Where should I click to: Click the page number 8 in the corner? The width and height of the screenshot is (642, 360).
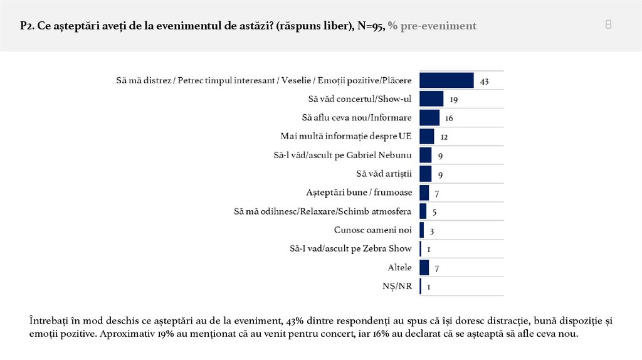click(608, 25)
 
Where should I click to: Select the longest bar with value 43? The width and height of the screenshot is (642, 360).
click(446, 80)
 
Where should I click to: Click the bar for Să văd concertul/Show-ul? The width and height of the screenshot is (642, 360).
click(431, 99)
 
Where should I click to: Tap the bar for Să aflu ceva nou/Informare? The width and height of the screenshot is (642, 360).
click(429, 117)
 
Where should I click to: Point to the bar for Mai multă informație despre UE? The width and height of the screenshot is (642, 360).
click(427, 136)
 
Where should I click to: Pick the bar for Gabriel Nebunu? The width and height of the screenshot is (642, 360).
click(425, 155)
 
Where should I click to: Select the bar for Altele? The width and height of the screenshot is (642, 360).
click(424, 268)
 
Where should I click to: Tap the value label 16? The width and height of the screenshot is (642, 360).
click(449, 119)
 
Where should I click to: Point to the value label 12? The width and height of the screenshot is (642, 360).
click(444, 137)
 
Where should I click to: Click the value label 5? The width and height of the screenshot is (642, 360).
click(434, 212)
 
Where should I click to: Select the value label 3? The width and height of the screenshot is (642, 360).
click(432, 231)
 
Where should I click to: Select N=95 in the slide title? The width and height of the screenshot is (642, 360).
click(367, 26)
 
